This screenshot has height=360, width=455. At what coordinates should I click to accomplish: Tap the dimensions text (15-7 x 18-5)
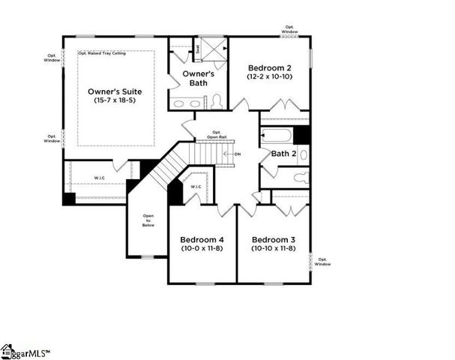pyautogui.click(x=115, y=100)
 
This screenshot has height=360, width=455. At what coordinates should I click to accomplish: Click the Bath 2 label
pyautogui.click(x=283, y=154)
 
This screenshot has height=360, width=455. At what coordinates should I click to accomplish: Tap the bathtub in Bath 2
pyautogui.click(x=277, y=136)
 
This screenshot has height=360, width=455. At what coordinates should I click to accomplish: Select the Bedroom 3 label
pyautogui.click(x=273, y=239)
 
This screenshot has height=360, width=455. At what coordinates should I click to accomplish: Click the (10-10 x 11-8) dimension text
pyautogui.click(x=273, y=248)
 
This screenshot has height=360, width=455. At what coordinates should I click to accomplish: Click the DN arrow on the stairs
pyautogui.click(x=238, y=154)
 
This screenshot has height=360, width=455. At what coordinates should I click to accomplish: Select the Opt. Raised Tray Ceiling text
pyautogui.click(x=108, y=55)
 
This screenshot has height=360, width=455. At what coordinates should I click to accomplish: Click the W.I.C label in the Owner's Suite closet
pyautogui.click(x=100, y=178)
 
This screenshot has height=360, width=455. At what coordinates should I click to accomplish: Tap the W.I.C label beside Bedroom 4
pyautogui.click(x=196, y=187)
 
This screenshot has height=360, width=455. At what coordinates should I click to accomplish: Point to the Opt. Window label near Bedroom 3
pyautogui.click(x=322, y=262)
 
